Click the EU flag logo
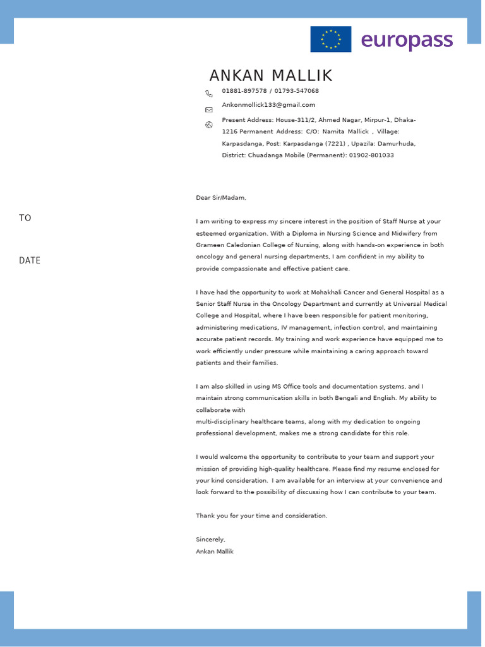pyautogui.click(x=330, y=39)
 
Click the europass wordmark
pyautogui.click(x=407, y=40)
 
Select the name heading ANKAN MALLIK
pyautogui.click(x=270, y=76)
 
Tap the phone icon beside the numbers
pyautogui.click(x=209, y=94)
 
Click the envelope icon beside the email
pyautogui.click(x=209, y=109)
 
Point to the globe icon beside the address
pyautogui.click(x=209, y=124)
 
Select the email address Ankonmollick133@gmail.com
pyautogui.click(x=268, y=105)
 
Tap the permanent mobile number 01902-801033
pyautogui.click(x=371, y=155)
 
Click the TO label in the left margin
pyautogui.click(x=25, y=218)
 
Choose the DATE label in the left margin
pyautogui.click(x=30, y=260)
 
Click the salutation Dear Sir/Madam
pyautogui.click(x=221, y=198)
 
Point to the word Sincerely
pyautogui.click(x=210, y=540)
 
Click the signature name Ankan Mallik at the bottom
pyautogui.click(x=215, y=552)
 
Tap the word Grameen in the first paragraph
pyautogui.click(x=210, y=245)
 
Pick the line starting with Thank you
pyautogui.click(x=261, y=516)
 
